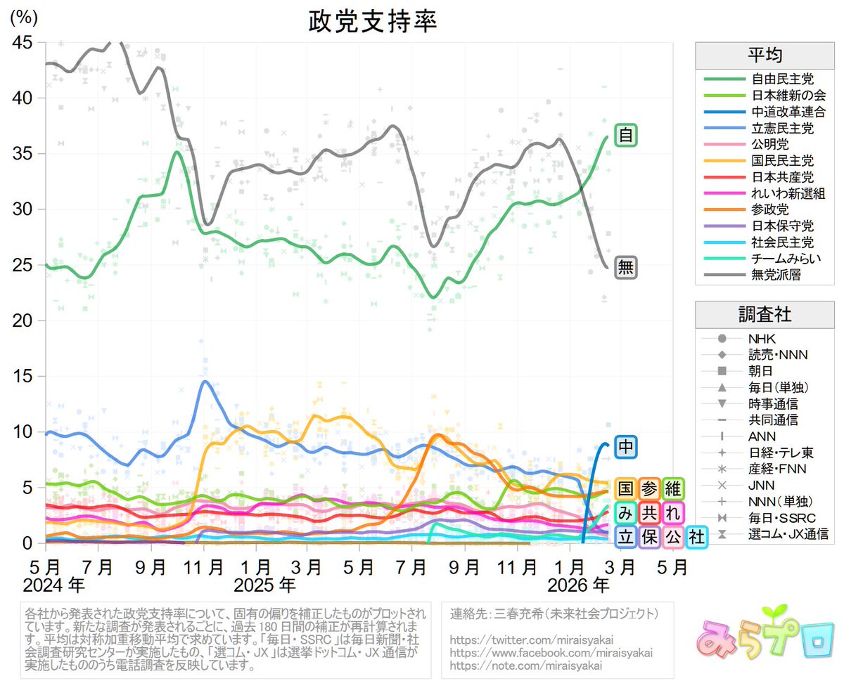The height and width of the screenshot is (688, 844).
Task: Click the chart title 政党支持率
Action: [373, 22]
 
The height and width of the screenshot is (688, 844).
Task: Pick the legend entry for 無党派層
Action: [776, 275]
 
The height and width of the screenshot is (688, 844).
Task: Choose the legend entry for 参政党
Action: [770, 209]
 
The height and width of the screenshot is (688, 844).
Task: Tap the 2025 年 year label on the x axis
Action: [264, 585]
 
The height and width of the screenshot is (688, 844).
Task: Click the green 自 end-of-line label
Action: [625, 134]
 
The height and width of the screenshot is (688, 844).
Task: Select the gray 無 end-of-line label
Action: [625, 268]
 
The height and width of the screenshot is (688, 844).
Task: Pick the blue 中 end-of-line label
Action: [625, 446]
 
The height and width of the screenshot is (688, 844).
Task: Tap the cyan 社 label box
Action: [696, 537]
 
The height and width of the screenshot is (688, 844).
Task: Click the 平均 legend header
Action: [765, 55]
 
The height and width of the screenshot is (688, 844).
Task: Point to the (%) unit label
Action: [25, 18]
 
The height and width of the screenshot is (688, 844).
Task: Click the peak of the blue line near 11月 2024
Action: [204, 382]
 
